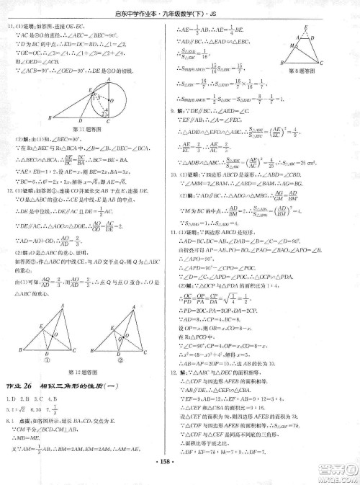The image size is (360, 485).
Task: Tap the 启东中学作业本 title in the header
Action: coord(148,9)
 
